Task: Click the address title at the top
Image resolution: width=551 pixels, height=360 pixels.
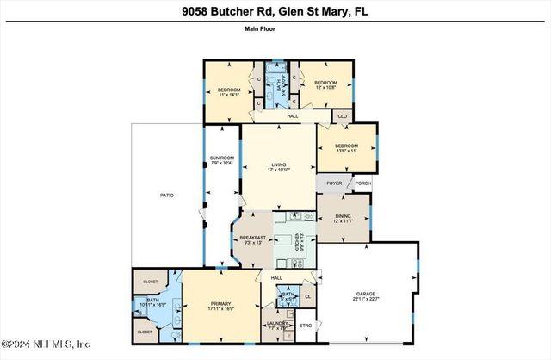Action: coord(275,11)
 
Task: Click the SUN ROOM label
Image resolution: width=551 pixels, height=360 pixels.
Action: coord(221,159)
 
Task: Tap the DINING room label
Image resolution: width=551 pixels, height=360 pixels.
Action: coord(344,219)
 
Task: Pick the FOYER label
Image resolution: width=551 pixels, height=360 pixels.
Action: coord(334,183)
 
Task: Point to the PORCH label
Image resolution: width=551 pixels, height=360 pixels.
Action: coord(362,183)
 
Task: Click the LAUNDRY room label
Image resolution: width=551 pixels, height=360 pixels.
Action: coord(275,326)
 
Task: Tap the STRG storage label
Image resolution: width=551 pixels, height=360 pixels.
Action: coord(306,326)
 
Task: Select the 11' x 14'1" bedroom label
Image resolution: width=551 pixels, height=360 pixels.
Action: coord(228,91)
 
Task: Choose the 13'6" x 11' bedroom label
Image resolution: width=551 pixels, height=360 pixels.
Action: coord(346,148)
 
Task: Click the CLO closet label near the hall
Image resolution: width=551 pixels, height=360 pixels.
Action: coord(341,115)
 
